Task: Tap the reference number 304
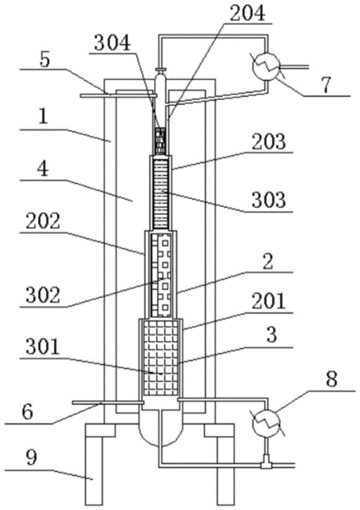112,43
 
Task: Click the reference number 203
269,142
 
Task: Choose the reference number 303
269,199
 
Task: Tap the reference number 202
43,222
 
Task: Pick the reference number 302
43,295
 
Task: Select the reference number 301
43,347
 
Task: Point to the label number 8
331,379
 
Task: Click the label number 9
31,457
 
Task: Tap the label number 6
27,412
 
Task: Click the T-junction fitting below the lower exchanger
266,465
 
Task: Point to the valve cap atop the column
161,70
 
